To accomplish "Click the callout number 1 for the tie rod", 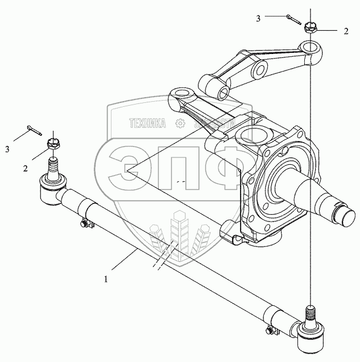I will point(106,280).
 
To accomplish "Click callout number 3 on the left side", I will point(7,149).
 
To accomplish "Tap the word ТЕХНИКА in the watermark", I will point(147,122).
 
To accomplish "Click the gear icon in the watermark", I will point(180,123).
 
